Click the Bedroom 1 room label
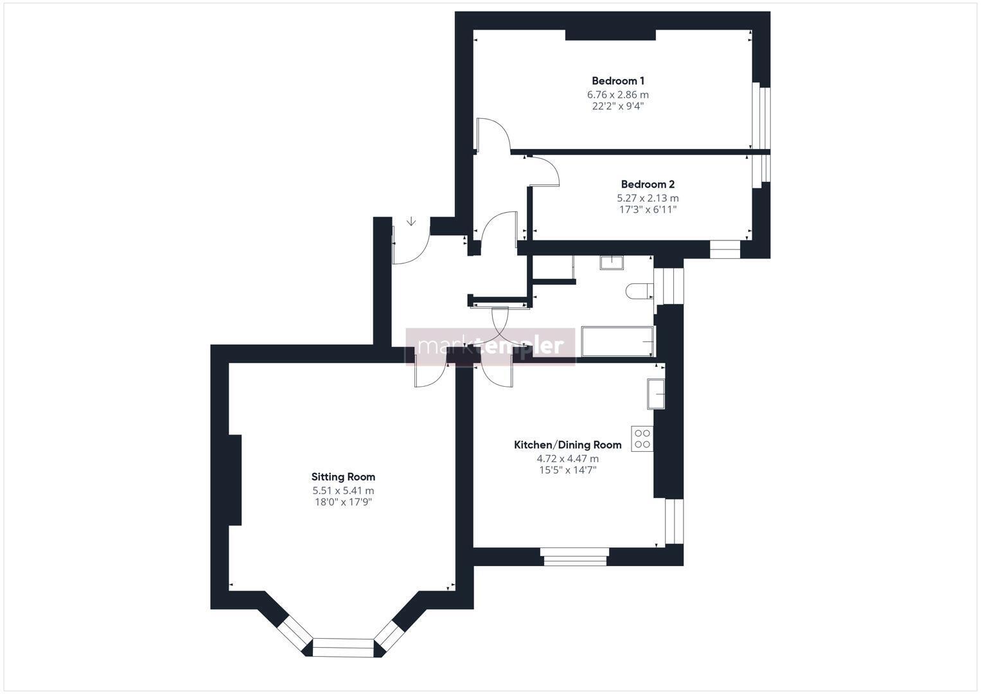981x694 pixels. [617, 81]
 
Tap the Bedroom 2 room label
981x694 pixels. [648, 184]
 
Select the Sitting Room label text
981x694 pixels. [343, 477]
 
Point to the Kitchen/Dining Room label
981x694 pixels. [567, 445]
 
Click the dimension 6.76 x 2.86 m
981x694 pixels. [617, 94]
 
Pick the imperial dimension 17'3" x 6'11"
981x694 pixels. [648, 209]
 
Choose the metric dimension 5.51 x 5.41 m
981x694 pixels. [343, 491]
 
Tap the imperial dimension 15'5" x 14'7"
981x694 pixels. [567, 470]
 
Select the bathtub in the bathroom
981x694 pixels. [618, 342]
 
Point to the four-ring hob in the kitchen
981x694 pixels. [642, 438]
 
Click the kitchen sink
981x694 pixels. [655, 394]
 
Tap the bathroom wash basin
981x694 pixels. [612, 263]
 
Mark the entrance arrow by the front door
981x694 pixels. [411, 221]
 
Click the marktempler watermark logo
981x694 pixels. [491, 346]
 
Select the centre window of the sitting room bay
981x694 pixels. [343, 648]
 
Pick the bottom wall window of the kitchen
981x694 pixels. [574, 557]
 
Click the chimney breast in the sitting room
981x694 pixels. [235, 480]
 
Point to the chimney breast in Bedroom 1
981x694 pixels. [610, 35]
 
